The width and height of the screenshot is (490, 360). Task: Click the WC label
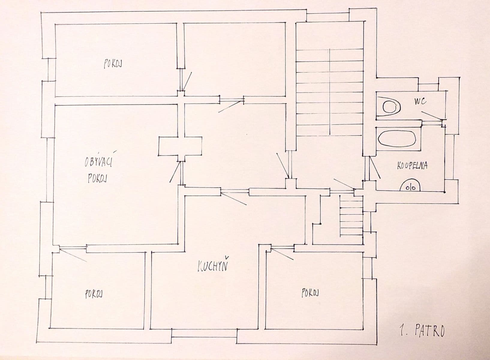(x=420, y=102)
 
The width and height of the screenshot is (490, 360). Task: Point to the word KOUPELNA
(x=412, y=166)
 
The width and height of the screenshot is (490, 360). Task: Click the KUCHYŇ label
(x=212, y=266)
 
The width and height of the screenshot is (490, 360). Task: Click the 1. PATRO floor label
(x=422, y=331)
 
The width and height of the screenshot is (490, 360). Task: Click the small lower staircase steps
(x=351, y=215)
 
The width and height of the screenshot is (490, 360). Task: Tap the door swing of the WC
(x=432, y=117)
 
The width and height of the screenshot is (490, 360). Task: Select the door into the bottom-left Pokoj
(x=73, y=252)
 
